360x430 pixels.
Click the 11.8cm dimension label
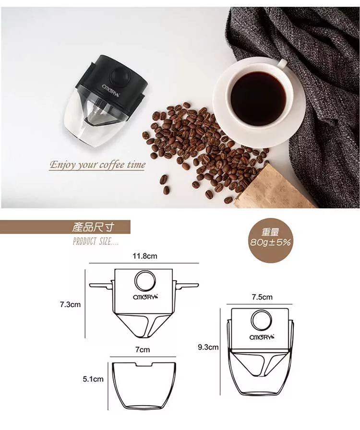coord(145,256)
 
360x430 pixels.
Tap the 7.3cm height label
coord(70,304)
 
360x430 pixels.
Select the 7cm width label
coord(143,349)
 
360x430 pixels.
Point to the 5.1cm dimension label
coord(93,379)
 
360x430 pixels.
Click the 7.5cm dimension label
coord(262,297)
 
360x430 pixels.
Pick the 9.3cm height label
coord(208,347)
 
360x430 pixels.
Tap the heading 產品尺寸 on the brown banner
coord(93,227)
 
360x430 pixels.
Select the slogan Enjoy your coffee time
coord(97,165)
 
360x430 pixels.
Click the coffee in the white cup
coord(258,94)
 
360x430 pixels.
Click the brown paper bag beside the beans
coord(277,187)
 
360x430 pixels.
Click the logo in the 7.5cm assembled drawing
coord(262,337)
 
